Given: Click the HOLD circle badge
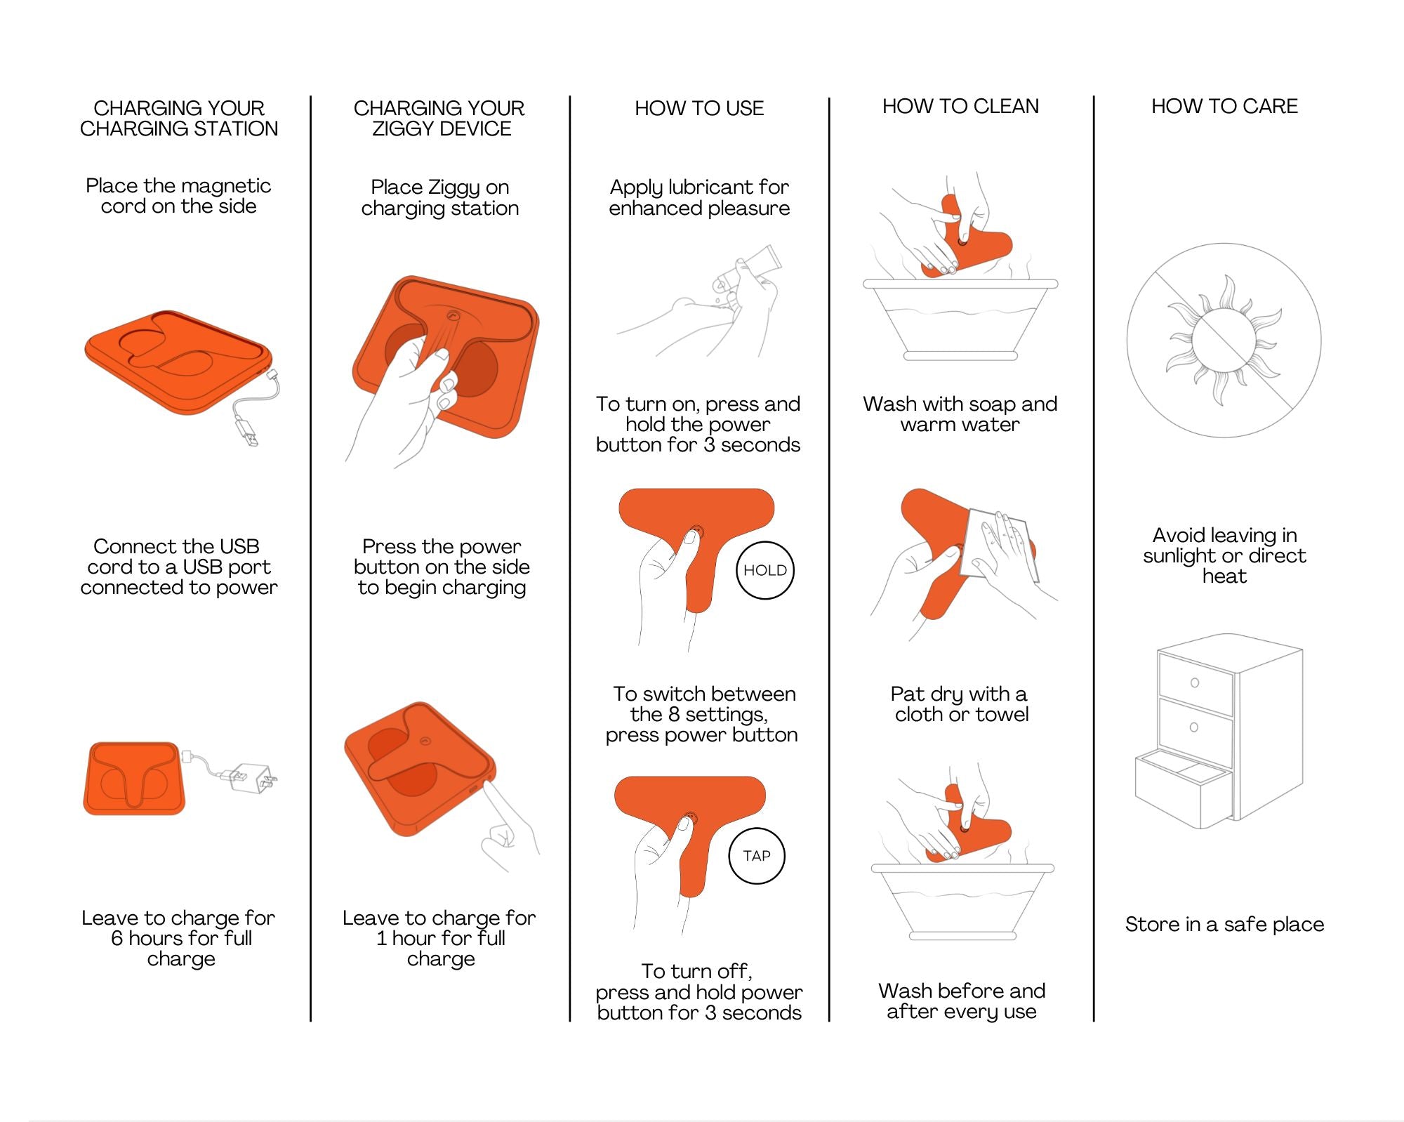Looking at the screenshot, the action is [765, 570].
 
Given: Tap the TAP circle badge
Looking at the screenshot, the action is [757, 856].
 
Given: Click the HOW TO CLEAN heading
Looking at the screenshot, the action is [960, 107].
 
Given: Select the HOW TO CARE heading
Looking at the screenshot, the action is [1224, 107].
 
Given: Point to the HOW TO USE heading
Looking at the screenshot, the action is [699, 109].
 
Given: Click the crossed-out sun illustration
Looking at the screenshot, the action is [1224, 341].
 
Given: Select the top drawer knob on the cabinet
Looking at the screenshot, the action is [1195, 682].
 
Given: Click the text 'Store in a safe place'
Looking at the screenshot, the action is [1224, 925].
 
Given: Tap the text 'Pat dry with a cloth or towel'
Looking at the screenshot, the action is [960, 704].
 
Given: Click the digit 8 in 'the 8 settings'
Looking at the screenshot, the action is [673, 715].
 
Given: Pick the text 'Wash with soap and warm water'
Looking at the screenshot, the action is [960, 414].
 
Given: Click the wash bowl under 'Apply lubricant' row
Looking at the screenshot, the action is [960, 320].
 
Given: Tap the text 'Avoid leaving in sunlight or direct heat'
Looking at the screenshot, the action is [1224, 555].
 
